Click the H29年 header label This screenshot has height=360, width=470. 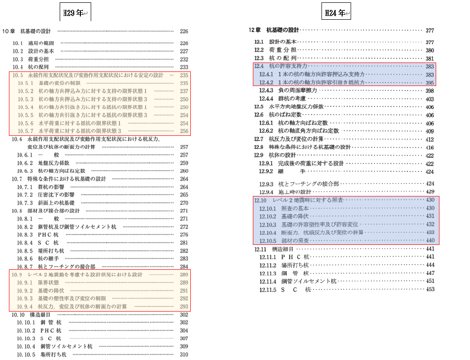point(75,13)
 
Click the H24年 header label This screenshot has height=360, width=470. point(336,13)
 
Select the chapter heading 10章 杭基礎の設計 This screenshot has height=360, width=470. point(26,31)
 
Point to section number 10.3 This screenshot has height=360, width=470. point(18,59)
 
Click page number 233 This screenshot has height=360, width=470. point(184,67)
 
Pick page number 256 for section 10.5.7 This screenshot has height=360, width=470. point(184,131)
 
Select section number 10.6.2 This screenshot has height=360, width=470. point(24,163)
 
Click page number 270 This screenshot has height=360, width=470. point(184,203)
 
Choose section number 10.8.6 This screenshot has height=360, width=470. point(24,259)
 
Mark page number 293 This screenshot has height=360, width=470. point(184,307)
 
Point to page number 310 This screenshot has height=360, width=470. point(184,354)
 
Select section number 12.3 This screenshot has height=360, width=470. point(259,59)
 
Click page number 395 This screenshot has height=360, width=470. point(430,83)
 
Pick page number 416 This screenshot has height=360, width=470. point(430,148)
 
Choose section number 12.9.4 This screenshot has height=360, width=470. point(266,192)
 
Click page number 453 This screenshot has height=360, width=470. point(430,290)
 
